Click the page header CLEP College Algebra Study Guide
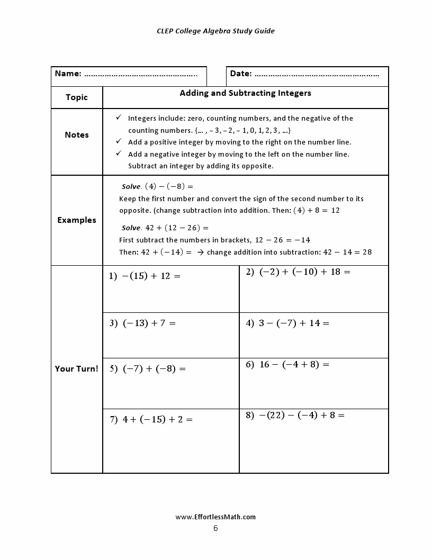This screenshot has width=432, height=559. pos(215,31)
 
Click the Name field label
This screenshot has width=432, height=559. pos(68,74)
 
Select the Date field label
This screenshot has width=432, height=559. pos(241,74)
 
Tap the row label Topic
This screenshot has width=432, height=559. pos(77,97)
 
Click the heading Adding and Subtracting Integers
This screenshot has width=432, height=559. pos(245,93)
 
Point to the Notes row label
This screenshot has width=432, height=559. pos(77,135)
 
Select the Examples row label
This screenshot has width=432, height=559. pos(77,220)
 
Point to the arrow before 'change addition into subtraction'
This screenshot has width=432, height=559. pos(200,253)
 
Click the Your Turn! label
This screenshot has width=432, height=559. pos(77,369)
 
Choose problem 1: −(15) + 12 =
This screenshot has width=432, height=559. pos(145,276)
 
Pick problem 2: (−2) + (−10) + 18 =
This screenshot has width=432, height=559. pos(298,272)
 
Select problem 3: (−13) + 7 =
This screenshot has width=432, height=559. pos(142,323)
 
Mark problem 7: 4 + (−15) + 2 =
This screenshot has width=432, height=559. pos(151,419)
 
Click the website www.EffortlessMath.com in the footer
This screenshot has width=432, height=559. pos(215,517)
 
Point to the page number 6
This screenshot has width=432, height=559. pos(215,528)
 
